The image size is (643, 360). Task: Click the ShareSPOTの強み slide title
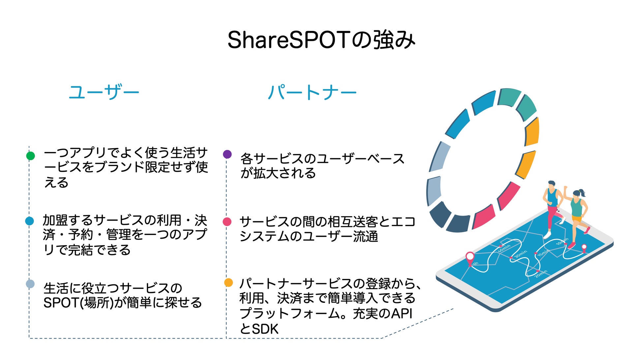(321, 40)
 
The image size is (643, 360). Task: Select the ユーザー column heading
(104, 92)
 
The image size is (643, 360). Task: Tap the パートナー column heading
(312, 92)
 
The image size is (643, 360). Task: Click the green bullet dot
(31, 156)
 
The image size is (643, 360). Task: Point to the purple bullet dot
(227, 154)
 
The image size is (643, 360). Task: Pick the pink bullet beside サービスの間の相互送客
(227, 222)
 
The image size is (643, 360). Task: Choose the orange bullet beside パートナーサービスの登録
(228, 283)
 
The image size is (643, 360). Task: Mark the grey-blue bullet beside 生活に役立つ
(30, 284)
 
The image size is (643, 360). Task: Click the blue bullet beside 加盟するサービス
(30, 221)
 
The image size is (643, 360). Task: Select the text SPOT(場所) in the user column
(78, 303)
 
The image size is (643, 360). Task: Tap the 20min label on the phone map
(541, 273)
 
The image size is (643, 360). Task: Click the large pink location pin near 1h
(470, 257)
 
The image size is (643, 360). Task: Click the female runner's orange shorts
(577, 219)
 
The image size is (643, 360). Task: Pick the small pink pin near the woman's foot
(584, 248)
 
